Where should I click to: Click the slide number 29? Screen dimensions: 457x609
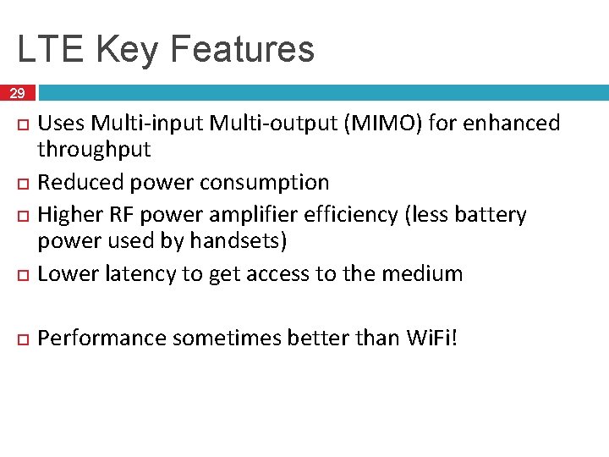click(18, 93)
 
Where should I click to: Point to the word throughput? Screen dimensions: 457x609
click(94, 151)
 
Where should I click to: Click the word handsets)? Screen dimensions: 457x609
click(239, 242)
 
